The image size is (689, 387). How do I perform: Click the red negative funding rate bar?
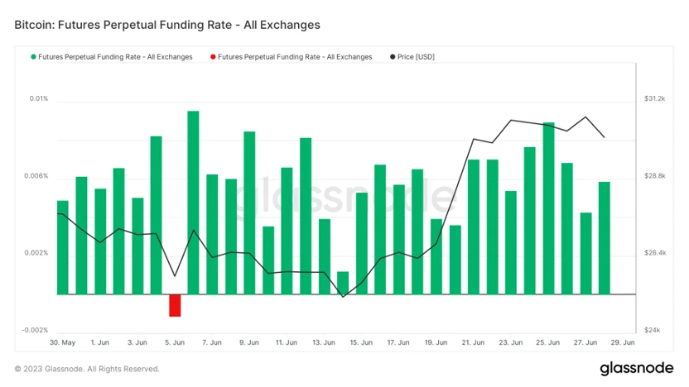coord(175,305)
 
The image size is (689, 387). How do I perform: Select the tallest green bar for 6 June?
coord(193,203)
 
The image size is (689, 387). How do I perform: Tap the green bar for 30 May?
coord(62,247)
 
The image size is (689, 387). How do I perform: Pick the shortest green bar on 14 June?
coord(343,283)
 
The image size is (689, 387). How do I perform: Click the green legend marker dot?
coord(33,57)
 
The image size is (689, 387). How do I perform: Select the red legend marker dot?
coord(213,57)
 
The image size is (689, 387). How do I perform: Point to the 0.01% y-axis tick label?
coord(38,99)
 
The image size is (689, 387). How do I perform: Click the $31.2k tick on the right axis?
coord(654,99)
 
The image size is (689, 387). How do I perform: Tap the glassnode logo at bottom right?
coord(638,368)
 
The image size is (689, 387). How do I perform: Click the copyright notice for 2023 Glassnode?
coord(87,369)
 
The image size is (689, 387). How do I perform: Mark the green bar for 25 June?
coord(548,208)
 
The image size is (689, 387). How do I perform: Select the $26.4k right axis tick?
coord(654,253)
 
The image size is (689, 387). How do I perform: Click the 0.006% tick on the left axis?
coord(36,177)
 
